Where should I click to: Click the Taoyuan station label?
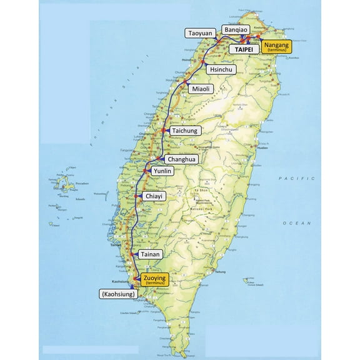click(200, 32)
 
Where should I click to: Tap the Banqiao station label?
click(236, 30)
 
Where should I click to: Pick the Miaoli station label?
click(201, 89)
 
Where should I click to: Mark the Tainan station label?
click(151, 254)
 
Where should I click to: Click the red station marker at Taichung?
click(163, 130)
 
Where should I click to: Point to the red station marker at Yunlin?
click(146, 169)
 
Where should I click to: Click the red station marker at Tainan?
click(132, 254)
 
